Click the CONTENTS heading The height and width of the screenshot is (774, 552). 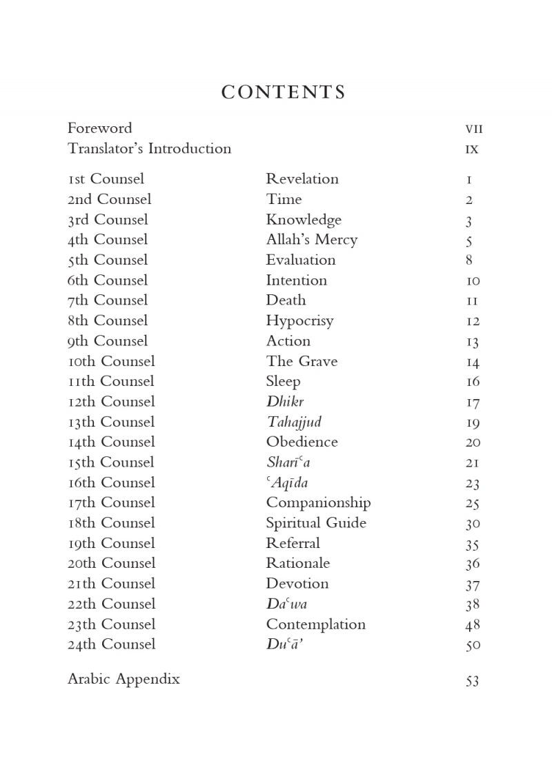pyautogui.click(x=283, y=92)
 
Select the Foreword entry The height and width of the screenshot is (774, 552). pyautogui.click(x=99, y=128)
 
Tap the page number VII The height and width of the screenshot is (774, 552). pyautogui.click(x=474, y=129)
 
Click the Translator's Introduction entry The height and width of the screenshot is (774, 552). pyautogui.click(x=149, y=149)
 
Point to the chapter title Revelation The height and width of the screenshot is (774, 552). pyautogui.click(x=302, y=179)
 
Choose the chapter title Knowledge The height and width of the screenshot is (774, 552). pyautogui.click(x=304, y=220)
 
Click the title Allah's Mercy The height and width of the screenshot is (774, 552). pyautogui.click(x=312, y=240)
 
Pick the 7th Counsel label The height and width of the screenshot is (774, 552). pyautogui.click(x=107, y=301)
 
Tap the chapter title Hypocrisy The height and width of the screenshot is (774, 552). pyautogui.click(x=299, y=321)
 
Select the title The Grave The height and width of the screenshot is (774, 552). pyautogui.click(x=302, y=361)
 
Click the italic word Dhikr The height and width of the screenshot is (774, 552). pyautogui.click(x=285, y=402)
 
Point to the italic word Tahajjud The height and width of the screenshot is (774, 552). pyautogui.click(x=294, y=422)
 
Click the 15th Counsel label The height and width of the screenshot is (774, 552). pyautogui.click(x=110, y=462)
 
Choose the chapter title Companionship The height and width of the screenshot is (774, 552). pyautogui.click(x=318, y=503)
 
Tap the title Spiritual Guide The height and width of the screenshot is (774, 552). pyautogui.click(x=316, y=523)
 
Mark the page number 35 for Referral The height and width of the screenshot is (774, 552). pyautogui.click(x=473, y=544)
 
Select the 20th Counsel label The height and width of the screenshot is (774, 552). pyautogui.click(x=111, y=563)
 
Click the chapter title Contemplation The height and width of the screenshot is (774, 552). pyautogui.click(x=316, y=624)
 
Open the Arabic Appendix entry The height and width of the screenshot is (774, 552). pyautogui.click(x=124, y=679)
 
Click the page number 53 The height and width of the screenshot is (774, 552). pyautogui.click(x=473, y=681)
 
